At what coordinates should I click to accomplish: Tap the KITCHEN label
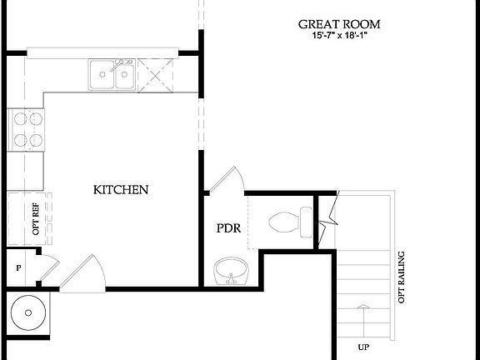point(121,190)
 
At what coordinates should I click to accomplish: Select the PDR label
point(228,227)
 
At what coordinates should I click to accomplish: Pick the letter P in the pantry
point(18,268)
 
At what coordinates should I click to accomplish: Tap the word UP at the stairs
point(363,347)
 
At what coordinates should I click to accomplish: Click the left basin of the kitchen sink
point(102,76)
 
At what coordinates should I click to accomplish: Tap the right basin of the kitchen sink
point(123,76)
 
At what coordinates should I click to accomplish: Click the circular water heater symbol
point(28,313)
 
